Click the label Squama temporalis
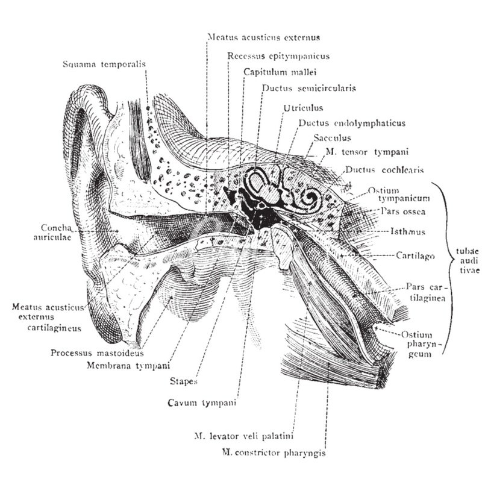pos(104,64)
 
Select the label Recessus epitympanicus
pos(278,56)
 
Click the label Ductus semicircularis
pos(308,88)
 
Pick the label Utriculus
pos(303,108)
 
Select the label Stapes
pos(185,381)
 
